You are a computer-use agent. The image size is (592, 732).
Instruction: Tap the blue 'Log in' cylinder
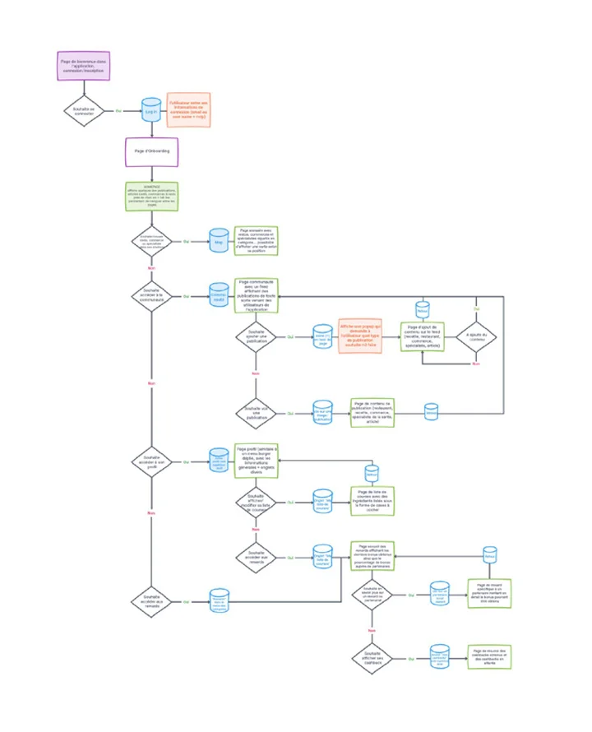point(151,110)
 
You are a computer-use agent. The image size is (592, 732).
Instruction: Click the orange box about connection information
point(188,110)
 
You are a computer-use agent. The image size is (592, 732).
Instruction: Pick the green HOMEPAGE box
point(151,198)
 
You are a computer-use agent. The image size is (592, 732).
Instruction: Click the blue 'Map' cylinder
point(218,242)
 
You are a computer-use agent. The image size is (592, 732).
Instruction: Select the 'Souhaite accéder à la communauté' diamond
point(151,296)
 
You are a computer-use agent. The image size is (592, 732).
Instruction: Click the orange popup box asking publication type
point(362,336)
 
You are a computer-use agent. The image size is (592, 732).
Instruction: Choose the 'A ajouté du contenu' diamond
point(476,336)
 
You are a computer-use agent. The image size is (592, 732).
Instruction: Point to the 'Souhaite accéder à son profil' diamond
point(151,460)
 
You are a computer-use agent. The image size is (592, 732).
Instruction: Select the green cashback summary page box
point(491,656)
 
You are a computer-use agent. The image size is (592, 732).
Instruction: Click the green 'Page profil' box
point(257,460)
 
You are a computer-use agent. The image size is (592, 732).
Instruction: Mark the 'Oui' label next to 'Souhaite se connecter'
point(118,110)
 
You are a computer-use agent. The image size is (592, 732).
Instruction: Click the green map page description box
point(257,242)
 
